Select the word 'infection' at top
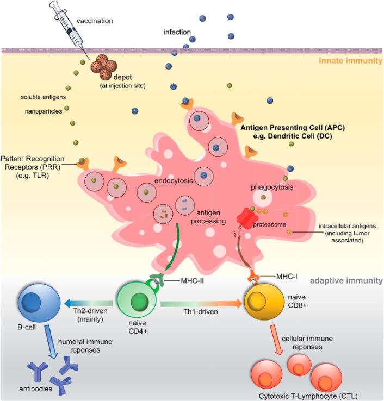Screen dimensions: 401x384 coord(177,33)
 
